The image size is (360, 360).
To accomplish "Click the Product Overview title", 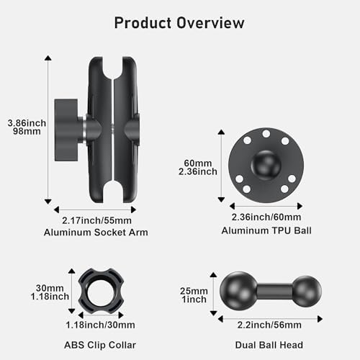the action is [179, 23].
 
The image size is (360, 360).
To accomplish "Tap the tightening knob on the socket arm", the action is [66, 130].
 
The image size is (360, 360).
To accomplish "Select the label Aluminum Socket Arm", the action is [96, 233].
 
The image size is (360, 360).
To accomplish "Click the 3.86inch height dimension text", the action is [27, 123].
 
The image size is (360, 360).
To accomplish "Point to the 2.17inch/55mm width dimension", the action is [96, 220].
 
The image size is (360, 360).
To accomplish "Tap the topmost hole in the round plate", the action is [266, 134].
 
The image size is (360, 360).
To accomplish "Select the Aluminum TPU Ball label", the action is [266, 230].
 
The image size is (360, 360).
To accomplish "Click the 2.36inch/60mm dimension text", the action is [266, 217].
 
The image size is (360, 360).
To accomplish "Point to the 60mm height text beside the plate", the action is [198, 163].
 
